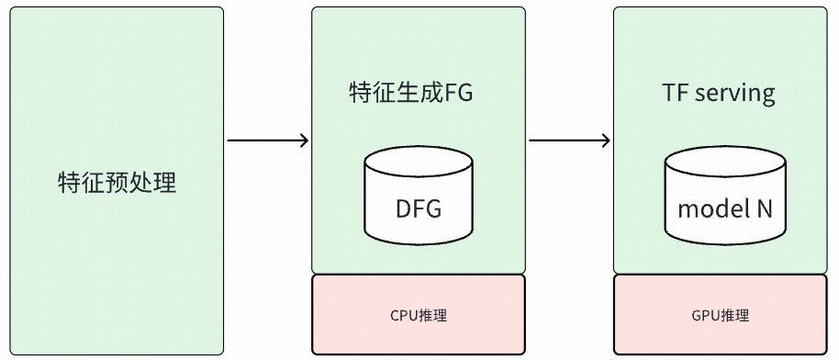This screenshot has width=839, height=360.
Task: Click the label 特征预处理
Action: (116, 182)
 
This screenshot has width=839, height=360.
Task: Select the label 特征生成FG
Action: (411, 93)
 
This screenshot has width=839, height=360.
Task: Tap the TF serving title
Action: (719, 93)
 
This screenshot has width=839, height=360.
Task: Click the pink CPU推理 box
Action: (419, 315)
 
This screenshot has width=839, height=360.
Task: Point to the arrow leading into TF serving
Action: (569, 141)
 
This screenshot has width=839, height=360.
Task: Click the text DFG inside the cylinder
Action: (419, 209)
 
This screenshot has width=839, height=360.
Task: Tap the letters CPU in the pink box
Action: (404, 316)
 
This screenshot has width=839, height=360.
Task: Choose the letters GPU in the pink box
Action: (705, 316)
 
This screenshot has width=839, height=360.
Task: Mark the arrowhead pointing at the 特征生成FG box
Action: (304, 141)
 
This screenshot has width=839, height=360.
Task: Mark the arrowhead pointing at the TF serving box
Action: (606, 141)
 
